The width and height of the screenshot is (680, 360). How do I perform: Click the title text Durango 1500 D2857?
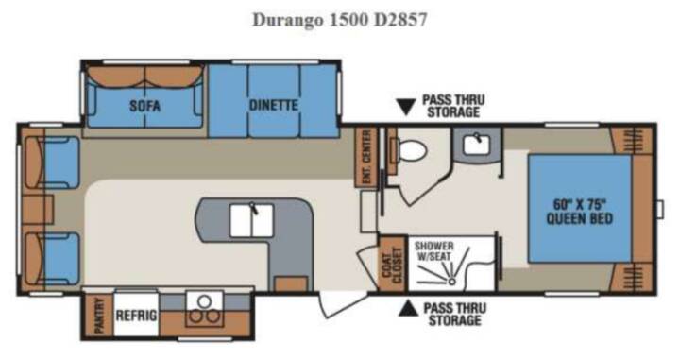click(340, 20)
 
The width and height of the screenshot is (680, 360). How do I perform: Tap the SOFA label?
click(144, 106)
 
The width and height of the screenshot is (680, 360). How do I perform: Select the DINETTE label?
click(273, 105)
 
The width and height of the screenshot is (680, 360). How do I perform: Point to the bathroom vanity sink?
click(477, 145)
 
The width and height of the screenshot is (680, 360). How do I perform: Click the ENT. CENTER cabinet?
click(366, 157)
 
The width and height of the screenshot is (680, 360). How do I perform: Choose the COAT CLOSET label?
click(392, 263)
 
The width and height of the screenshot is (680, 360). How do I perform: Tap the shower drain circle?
click(451, 282)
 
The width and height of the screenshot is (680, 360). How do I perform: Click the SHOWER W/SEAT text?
click(433, 251)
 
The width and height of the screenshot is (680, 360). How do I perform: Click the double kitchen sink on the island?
click(251, 220)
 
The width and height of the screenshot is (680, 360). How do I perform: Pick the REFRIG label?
click(136, 315)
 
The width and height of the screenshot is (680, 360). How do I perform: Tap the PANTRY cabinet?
click(99, 315)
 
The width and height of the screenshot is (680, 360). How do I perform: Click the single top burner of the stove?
click(204, 300)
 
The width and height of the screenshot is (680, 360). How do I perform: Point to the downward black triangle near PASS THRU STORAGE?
click(406, 107)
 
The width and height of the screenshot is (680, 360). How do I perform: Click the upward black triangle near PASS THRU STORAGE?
click(408, 308)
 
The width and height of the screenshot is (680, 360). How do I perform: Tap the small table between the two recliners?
click(38, 210)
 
